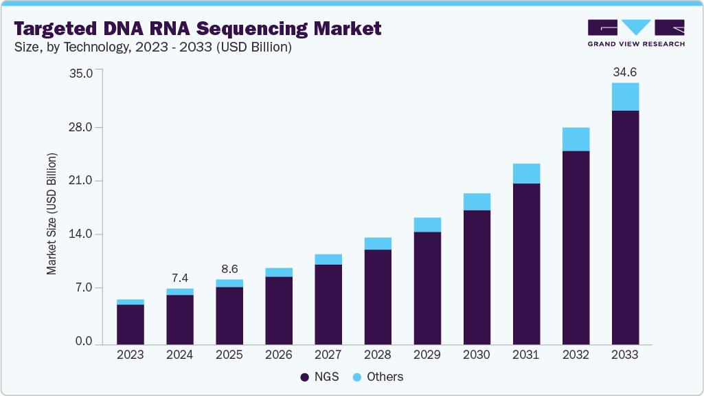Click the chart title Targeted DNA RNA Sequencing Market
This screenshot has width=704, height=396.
click(197, 28)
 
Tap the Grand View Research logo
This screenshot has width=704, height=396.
click(636, 33)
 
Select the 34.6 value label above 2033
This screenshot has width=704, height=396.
click(625, 71)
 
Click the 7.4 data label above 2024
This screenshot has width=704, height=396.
click(179, 278)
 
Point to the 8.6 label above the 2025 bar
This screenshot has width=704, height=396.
click(229, 269)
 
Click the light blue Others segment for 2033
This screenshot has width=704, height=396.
click(625, 97)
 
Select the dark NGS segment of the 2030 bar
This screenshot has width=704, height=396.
click(477, 276)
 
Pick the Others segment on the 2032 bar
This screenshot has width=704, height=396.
click(576, 139)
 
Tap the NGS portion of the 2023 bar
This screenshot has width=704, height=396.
click(130, 324)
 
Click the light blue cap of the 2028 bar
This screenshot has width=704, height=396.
click(378, 243)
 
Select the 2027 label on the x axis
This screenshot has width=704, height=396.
click(328, 355)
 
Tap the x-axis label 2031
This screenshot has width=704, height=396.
click(526, 355)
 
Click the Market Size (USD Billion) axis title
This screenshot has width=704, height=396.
click(52, 213)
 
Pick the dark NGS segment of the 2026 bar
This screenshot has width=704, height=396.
click(279, 310)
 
